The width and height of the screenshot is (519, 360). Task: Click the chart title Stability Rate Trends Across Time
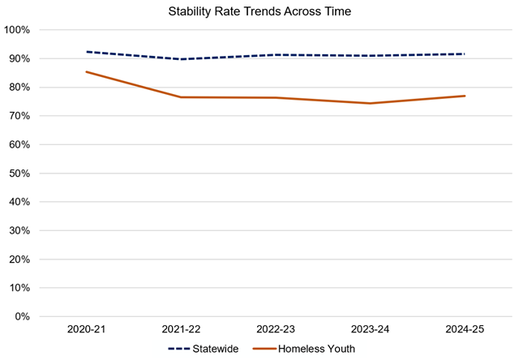pyautogui.click(x=259, y=12)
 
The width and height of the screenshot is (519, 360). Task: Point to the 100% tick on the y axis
pyautogui.click(x=17, y=30)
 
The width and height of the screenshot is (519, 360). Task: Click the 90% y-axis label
pyautogui.click(x=19, y=59)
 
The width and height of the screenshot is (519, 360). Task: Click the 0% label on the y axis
pyautogui.click(x=22, y=316)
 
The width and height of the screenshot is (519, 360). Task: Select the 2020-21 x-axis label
pyautogui.click(x=87, y=331)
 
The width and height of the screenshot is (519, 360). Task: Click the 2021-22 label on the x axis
pyautogui.click(x=181, y=331)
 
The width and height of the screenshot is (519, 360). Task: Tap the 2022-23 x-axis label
pyautogui.click(x=275, y=331)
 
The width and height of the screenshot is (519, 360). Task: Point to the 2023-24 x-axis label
pyautogui.click(x=369, y=331)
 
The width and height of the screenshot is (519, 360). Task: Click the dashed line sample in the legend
pyautogui.click(x=181, y=349)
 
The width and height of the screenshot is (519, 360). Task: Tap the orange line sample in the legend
pyautogui.click(x=264, y=349)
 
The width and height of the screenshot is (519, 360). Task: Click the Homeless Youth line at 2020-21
pyautogui.click(x=87, y=72)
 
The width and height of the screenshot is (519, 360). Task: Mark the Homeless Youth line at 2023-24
pyautogui.click(x=369, y=103)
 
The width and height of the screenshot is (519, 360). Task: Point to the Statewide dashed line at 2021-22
pyautogui.click(x=181, y=59)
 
